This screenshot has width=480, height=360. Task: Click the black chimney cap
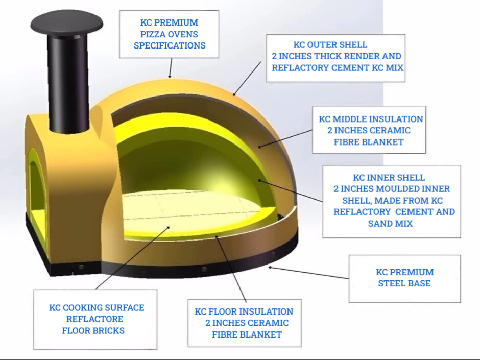67,23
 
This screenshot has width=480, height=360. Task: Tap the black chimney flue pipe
68,83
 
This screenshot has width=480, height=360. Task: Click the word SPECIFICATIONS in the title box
170,45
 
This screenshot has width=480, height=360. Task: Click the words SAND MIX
390,224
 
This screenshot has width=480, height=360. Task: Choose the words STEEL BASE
404,283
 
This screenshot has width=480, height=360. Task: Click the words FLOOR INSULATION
250,311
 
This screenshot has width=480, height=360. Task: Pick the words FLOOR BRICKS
93,330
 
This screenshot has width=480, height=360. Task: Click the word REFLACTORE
94,319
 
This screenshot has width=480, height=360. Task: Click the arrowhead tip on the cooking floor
170,227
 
